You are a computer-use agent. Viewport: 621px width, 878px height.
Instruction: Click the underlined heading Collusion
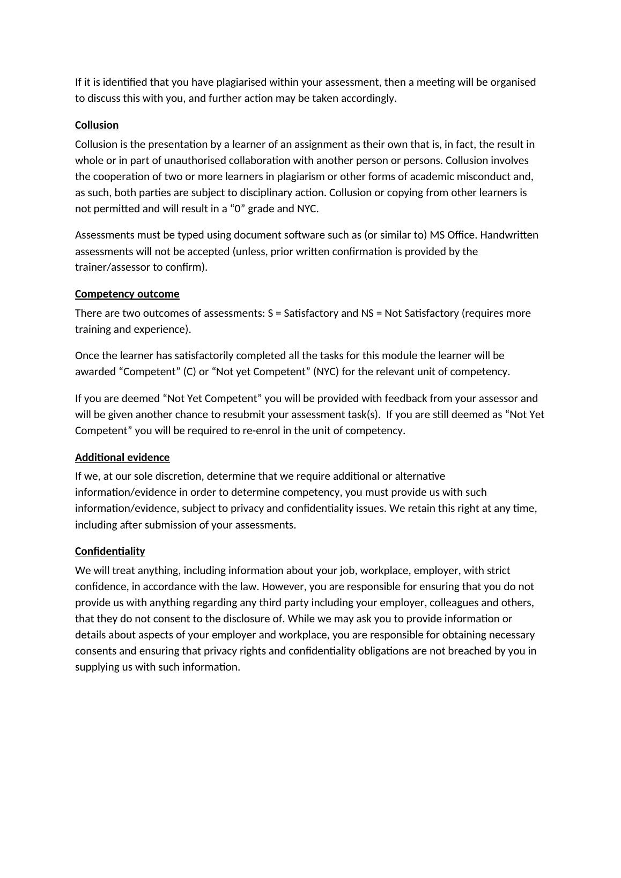pos(97,125)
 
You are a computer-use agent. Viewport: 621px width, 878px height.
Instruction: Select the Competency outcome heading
pos(127,294)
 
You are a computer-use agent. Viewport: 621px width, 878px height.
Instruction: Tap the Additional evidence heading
pos(122,457)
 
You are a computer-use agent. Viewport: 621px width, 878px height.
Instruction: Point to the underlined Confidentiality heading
pos(110,551)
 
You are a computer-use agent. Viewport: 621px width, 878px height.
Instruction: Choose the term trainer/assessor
pos(110,267)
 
